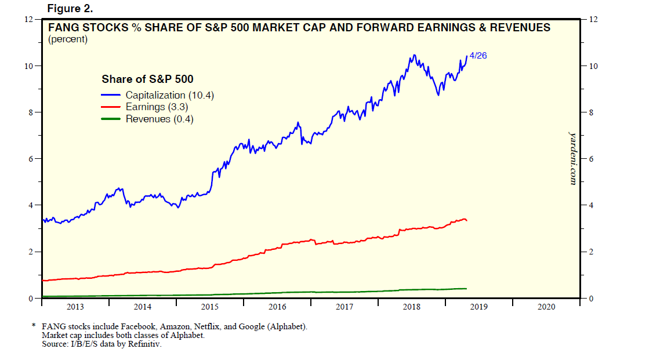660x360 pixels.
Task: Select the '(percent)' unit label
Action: click(67, 39)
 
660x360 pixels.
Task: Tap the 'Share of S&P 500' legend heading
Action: click(147, 79)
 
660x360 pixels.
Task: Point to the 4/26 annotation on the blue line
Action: click(478, 56)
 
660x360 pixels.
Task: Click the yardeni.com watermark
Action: click(572, 158)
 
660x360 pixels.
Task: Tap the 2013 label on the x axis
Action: click(75, 307)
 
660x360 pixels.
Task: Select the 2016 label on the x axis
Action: click(277, 307)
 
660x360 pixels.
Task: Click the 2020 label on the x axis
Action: click(546, 307)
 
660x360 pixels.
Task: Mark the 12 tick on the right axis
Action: click(594, 19)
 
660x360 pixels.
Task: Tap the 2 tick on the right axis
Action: click(592, 252)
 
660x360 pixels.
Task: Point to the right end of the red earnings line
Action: click(467, 220)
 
